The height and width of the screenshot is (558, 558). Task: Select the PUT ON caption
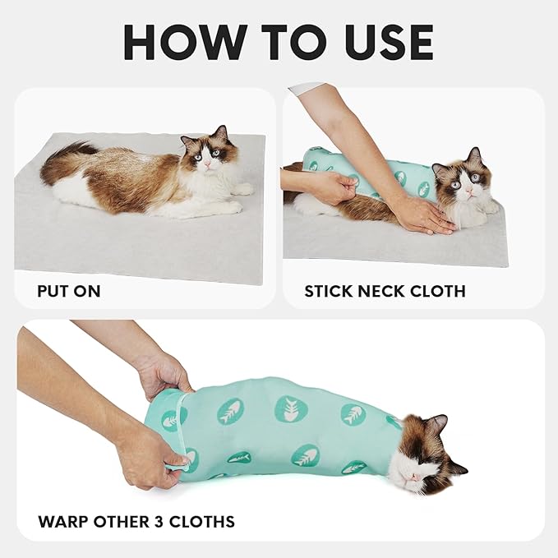(x=70, y=291)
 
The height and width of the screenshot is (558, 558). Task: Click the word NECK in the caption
(x=382, y=291)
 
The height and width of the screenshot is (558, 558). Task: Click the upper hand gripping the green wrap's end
(x=164, y=374)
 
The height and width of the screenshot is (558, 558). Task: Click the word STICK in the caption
(x=330, y=291)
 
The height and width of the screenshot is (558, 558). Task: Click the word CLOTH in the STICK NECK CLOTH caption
(x=438, y=291)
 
